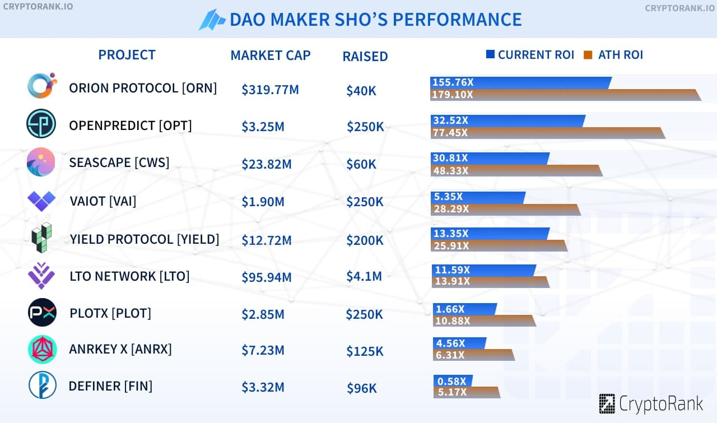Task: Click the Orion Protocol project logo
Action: pyautogui.click(x=42, y=86)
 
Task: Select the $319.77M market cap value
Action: pyautogui.click(x=270, y=90)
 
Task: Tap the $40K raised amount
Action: pyautogui.click(x=361, y=90)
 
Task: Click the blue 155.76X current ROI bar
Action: pyautogui.click(x=520, y=82)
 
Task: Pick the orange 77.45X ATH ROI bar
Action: pyautogui.click(x=547, y=133)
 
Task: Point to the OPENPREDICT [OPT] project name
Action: pyautogui.click(x=130, y=125)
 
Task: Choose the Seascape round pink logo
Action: pyautogui.click(x=41, y=162)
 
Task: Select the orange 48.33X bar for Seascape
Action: pyautogui.click(x=516, y=170)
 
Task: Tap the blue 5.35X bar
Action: pyautogui.click(x=478, y=197)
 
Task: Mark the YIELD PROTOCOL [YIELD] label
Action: pyautogui.click(x=144, y=239)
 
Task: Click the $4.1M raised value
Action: pyautogui.click(x=364, y=276)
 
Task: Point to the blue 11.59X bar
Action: pyautogui.click(x=485, y=270)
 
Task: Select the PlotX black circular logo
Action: pyautogui.click(x=42, y=313)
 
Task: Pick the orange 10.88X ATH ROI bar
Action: pyautogui.click(x=484, y=320)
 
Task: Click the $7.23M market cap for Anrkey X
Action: pyautogui.click(x=263, y=351)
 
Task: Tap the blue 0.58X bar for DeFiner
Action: pyautogui.click(x=453, y=381)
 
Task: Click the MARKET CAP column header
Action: pyautogui.click(x=271, y=55)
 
